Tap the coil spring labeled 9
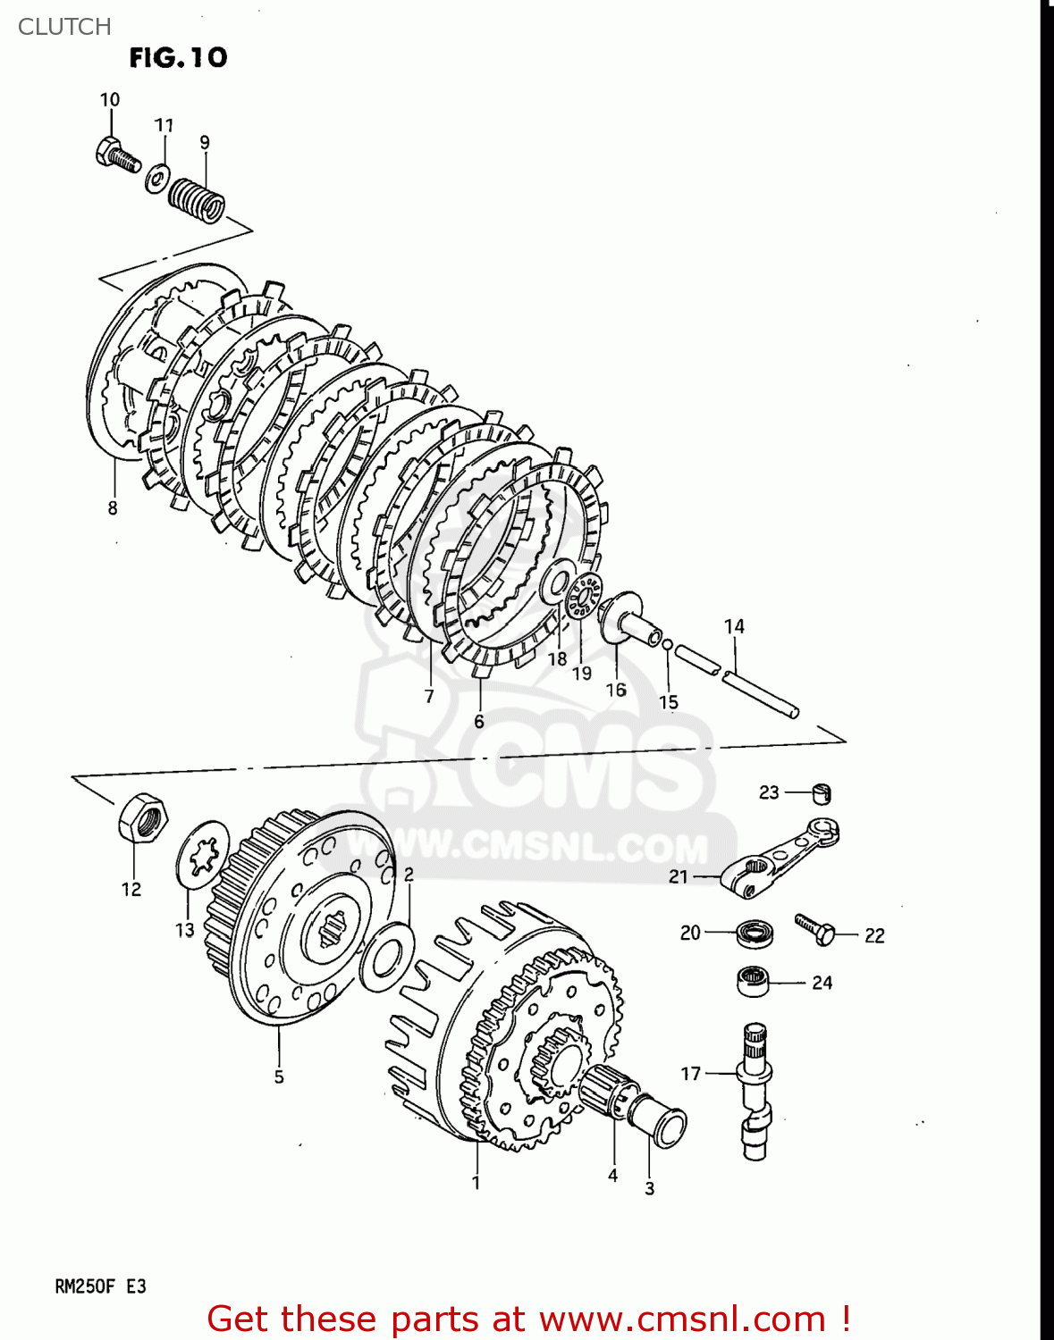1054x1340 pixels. [198, 200]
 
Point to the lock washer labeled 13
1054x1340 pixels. [203, 855]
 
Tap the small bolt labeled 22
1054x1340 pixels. [814, 929]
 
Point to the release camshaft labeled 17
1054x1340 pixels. [755, 1090]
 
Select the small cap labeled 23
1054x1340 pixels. [822, 792]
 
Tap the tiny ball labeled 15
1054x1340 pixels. [667, 643]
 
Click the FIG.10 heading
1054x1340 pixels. [178, 58]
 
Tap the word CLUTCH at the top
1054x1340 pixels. [64, 27]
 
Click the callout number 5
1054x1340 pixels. [279, 1076]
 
